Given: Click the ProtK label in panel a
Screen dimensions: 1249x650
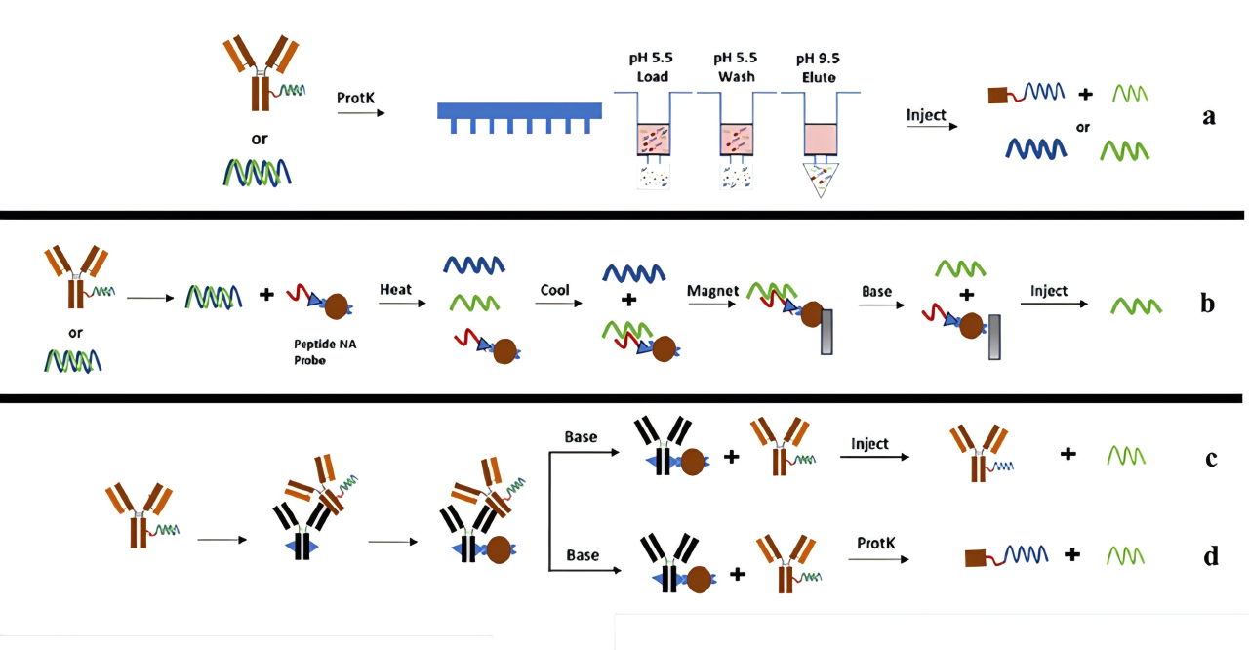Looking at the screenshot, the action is coord(356,99).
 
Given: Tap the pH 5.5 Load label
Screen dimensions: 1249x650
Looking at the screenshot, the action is coord(651,67).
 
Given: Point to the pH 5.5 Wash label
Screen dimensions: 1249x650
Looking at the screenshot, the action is coord(736,67).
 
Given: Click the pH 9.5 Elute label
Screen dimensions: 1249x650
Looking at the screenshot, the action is coord(818,67).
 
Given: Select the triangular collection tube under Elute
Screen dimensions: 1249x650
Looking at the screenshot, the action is coord(821,180).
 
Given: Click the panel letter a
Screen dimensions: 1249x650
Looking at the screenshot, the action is coord(1209,116).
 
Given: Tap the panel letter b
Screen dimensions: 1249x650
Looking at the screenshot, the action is coord(1208,303).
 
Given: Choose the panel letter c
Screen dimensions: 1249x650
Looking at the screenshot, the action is coord(1211,458).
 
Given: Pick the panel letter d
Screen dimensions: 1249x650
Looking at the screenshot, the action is coord(1211,555).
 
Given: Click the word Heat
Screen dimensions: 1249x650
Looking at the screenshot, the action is coord(395,289).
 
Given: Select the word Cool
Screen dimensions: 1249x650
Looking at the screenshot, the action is coord(554,290).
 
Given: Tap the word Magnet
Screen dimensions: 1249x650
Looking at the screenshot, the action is coord(712,291).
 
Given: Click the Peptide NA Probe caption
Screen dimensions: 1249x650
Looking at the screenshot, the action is coord(325,352).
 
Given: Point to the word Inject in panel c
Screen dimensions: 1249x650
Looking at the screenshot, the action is coord(869,444).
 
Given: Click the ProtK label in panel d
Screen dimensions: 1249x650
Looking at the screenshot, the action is coord(875,543).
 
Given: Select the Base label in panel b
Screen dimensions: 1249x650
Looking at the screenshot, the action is coord(876,292).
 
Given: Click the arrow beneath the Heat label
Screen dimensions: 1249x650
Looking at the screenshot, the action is coord(403,304).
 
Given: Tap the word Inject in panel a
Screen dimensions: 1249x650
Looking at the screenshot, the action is coord(926,115).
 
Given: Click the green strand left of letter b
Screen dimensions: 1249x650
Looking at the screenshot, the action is coord(1137,306).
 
